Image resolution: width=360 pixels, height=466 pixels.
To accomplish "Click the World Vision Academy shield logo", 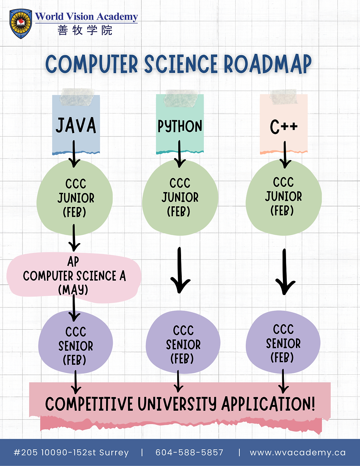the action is click(21, 24).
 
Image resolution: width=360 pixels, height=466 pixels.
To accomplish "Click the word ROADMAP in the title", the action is click(268, 64).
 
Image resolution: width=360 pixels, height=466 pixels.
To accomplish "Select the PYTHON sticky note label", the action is click(180, 126).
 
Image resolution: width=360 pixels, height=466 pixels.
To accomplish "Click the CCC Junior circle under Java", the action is click(75, 198).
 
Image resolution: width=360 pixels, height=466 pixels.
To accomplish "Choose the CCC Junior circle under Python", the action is click(180, 197).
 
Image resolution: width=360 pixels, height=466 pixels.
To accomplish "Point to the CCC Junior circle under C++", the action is click(284, 197).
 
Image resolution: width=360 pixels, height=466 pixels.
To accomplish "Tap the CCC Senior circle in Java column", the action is click(75, 345).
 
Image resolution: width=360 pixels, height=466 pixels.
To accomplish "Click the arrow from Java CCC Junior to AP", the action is click(74, 238).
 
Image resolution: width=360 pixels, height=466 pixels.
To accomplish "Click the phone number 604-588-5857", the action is click(190, 453).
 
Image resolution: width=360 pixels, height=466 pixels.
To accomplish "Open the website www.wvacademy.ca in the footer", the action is click(298, 453).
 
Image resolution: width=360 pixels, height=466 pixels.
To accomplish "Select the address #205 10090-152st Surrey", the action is click(71, 453).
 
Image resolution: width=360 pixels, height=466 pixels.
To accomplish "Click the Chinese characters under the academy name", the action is click(85, 30).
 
